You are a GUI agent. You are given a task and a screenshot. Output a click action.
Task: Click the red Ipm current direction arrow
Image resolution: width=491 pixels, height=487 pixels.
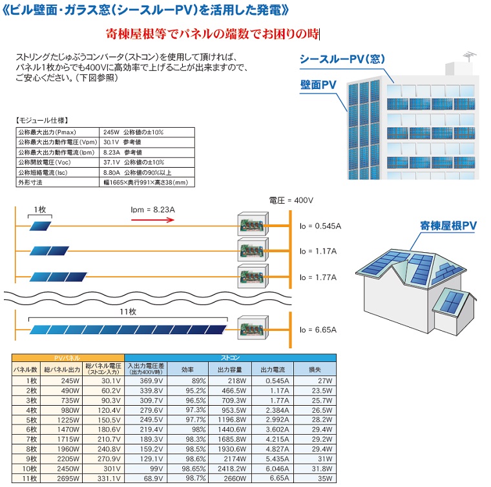click(152, 220)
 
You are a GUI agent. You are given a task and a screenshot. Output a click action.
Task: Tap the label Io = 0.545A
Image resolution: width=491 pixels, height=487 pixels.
click(320, 226)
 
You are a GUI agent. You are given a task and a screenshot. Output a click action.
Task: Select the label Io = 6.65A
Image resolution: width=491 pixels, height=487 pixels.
click(318, 330)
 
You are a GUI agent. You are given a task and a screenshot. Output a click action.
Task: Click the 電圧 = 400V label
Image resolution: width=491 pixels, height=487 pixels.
click(291, 201)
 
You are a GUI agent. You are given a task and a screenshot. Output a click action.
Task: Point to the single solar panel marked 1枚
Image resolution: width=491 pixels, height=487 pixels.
click(40, 226)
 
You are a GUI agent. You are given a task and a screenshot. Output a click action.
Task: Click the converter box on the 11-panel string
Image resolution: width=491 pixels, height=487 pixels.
click(253, 327)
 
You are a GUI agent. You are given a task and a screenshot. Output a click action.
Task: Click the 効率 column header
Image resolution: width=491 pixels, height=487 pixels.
click(187, 370)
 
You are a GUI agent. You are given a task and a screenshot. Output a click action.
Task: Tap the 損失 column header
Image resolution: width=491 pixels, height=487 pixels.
click(315, 370)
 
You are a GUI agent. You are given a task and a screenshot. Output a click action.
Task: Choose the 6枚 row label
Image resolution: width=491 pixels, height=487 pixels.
click(31, 430)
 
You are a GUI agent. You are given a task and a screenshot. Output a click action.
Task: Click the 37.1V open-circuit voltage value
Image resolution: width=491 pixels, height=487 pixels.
click(112, 163)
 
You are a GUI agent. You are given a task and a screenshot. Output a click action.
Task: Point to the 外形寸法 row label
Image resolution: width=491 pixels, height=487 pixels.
click(30, 183)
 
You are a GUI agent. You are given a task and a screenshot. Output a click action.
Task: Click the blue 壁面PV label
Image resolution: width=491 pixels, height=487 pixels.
click(318, 84)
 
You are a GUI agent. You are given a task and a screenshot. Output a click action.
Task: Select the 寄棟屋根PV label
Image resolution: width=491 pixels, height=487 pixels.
click(448, 226)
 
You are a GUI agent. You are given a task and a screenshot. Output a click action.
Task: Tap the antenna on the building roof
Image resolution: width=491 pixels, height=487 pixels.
click(469, 57)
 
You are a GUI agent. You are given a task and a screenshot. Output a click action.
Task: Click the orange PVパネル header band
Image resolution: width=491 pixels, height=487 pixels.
click(68, 358)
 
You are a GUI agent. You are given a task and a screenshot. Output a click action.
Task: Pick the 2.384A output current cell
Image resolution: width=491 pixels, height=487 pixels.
click(277, 410)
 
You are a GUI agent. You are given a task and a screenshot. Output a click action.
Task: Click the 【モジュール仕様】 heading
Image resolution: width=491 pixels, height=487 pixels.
click(41, 121)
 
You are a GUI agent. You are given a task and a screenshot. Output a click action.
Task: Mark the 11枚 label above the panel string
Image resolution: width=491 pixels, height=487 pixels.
click(128, 312)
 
